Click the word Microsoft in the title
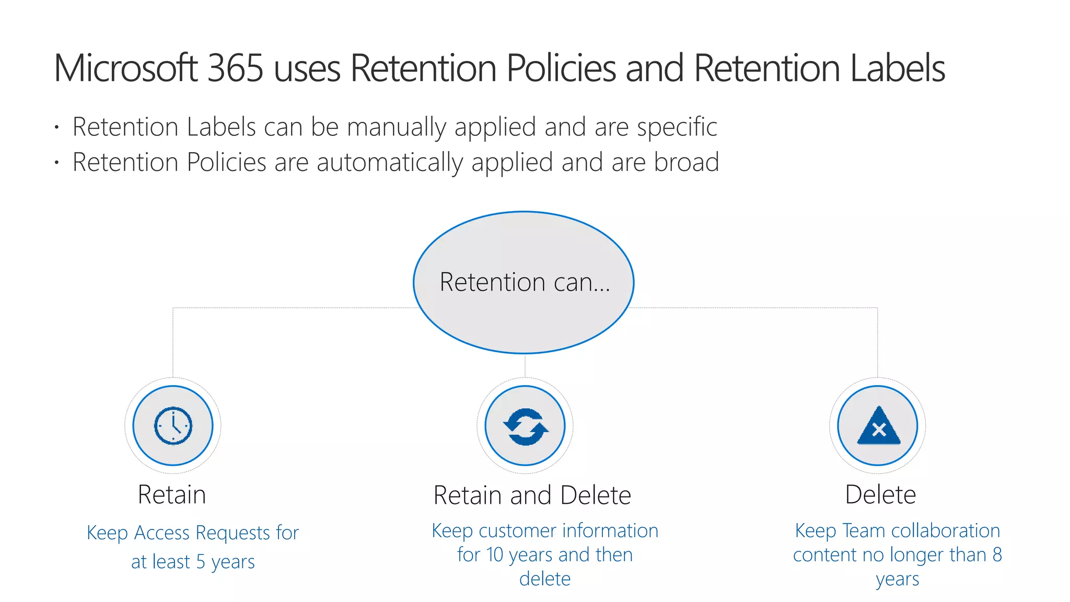coord(125,68)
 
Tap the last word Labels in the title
coord(898,68)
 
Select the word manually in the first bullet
coord(397,128)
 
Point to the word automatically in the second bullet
coord(390,163)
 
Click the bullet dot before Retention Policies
coord(56,163)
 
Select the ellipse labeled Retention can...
coord(524,282)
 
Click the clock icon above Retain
coord(173,425)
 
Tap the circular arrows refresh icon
coord(525,426)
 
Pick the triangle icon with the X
coord(879,426)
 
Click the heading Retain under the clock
coord(172,494)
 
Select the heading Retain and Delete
coord(532,495)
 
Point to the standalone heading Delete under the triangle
coord(880,494)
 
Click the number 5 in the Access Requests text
coord(201,562)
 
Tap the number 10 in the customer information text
coord(495,554)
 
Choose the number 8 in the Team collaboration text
coord(997,554)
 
